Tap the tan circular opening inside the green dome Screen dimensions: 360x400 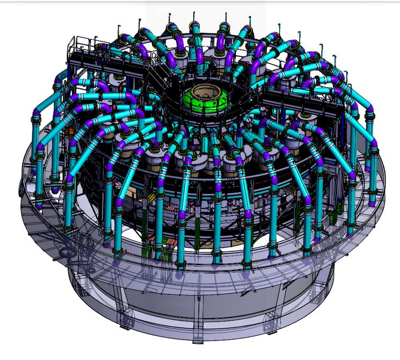[206, 91]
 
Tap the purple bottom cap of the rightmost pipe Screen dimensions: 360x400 [372, 202]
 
